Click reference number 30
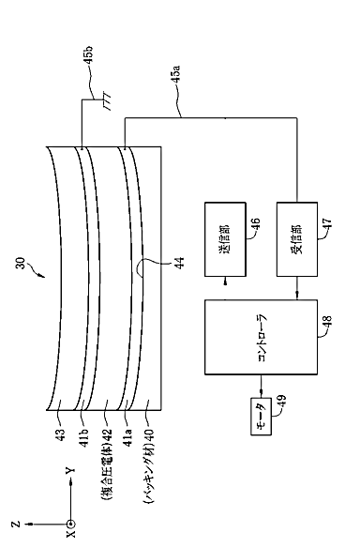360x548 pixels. coord(21,263)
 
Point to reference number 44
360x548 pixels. coord(179,263)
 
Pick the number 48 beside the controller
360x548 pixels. coord(327,321)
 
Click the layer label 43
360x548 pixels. coord(60,434)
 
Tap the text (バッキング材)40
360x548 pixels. coord(149,465)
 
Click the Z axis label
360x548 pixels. coord(15,525)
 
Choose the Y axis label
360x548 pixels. coord(71,470)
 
